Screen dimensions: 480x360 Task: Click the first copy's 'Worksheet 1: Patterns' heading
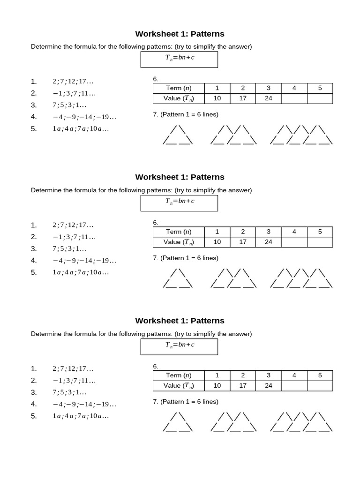[x=180, y=34]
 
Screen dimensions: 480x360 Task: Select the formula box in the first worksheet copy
[x=180, y=60]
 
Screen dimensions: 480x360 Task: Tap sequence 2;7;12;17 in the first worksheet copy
[x=73, y=82]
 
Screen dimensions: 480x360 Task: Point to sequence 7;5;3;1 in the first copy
[x=69, y=105]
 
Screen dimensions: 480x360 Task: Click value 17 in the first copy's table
[x=243, y=98]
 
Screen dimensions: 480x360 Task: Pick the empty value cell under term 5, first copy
[x=320, y=98]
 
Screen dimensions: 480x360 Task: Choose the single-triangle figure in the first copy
[x=178, y=135]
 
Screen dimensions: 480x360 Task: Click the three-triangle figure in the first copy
[x=301, y=135]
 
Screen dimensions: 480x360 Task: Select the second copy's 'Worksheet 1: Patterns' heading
[x=180, y=177]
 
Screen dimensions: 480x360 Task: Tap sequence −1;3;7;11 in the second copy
[x=74, y=237]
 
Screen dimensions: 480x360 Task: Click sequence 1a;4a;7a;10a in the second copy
[x=81, y=272]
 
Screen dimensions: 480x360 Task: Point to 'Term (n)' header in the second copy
[x=179, y=232]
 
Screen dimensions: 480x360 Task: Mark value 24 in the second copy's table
[x=269, y=242]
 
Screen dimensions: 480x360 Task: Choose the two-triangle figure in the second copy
[x=233, y=278]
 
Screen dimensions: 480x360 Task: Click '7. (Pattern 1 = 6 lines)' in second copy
[x=186, y=258]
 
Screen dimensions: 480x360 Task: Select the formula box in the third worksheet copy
[x=180, y=347]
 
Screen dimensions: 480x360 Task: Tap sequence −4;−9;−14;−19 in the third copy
[x=84, y=404]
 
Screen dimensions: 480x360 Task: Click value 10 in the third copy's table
[x=217, y=385]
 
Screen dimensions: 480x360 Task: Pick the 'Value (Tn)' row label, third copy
[x=179, y=385]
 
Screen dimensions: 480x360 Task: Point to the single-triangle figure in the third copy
[x=178, y=422]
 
